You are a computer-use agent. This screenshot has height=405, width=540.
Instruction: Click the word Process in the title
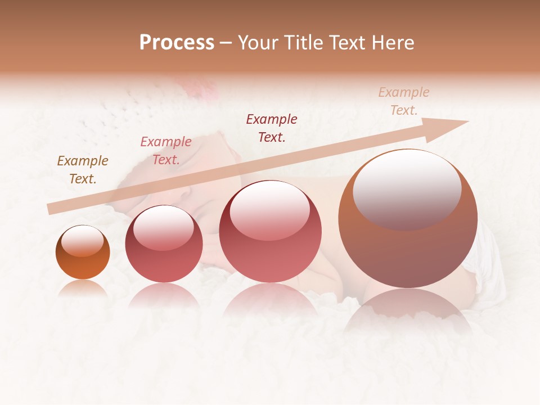[x=177, y=43]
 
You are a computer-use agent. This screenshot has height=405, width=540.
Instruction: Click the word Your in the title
[x=258, y=43]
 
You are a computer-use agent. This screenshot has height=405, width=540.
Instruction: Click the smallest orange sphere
[x=83, y=252]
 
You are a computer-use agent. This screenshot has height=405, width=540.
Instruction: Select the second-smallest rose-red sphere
[x=164, y=244]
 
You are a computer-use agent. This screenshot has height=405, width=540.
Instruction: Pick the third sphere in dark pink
[x=270, y=231]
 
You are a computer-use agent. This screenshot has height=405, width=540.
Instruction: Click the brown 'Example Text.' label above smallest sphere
[x=83, y=170]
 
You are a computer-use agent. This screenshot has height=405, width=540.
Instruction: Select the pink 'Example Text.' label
[x=166, y=151]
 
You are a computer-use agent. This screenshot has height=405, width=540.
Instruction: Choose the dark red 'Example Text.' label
[x=272, y=128]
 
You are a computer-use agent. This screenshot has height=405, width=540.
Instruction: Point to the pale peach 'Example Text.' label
[x=404, y=101]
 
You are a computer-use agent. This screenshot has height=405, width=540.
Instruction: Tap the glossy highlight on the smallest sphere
[x=82, y=241]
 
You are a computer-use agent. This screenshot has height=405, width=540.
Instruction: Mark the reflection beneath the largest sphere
[x=408, y=309]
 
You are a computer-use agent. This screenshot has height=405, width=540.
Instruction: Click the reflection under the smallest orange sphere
[x=83, y=288]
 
